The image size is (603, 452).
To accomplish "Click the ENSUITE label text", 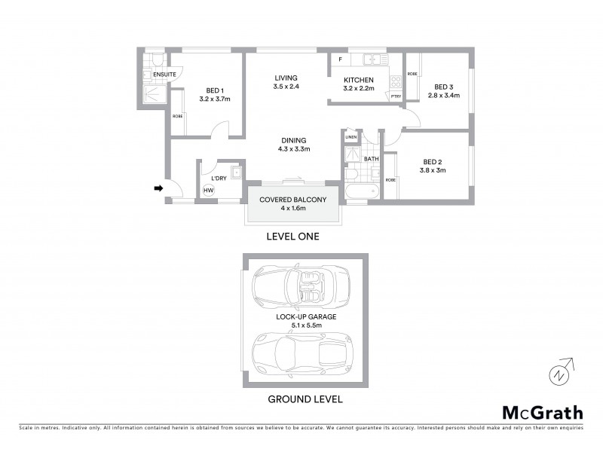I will click(164, 75).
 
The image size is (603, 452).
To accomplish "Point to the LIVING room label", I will click(286, 78).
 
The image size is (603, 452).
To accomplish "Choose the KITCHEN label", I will click(358, 80).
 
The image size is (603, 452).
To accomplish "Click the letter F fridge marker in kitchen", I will click(340, 59).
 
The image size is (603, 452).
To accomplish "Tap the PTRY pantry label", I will click(396, 96).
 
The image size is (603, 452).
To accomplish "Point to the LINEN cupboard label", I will click(350, 137).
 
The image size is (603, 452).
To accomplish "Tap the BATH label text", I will click(371, 159).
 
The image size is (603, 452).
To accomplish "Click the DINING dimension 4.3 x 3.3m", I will click(294, 149).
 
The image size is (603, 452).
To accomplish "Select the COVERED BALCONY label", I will click(293, 200).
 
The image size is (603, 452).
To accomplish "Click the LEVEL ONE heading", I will click(293, 236).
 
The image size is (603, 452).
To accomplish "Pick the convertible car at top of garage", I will click(301, 286).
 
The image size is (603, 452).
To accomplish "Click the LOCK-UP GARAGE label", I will click(306, 316).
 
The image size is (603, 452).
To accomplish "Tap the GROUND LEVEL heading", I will click(305, 399).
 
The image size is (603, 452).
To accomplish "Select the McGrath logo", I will click(543, 412).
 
